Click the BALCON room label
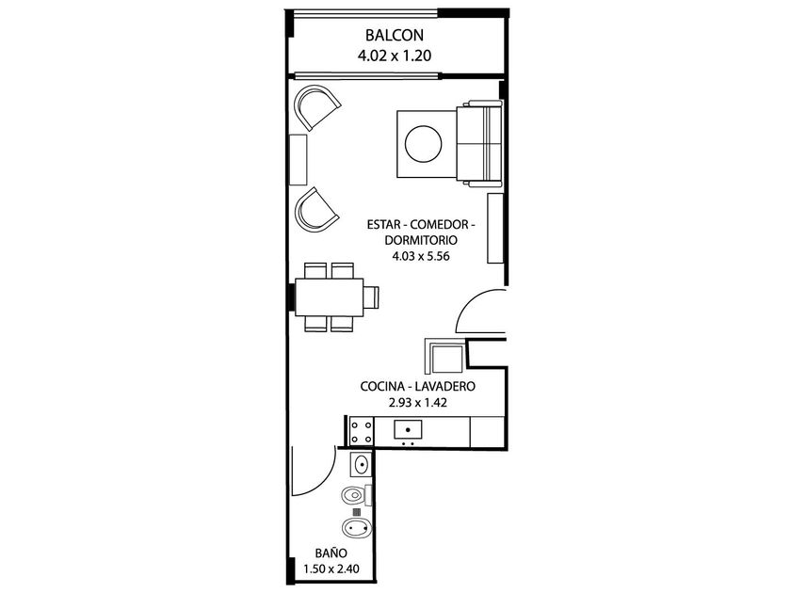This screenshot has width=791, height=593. (394, 36)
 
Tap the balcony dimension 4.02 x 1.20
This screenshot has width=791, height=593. (394, 56)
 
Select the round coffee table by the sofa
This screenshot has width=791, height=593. (424, 144)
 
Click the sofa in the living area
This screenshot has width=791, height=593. (479, 144)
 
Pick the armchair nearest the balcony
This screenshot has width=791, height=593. (316, 107)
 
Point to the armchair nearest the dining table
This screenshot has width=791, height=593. (316, 210)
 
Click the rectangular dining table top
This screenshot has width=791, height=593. (329, 297)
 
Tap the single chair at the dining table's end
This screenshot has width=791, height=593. (371, 297)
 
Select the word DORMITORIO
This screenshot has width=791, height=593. (421, 240)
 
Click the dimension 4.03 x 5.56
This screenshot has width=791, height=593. (421, 256)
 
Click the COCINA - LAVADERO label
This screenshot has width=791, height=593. (418, 386)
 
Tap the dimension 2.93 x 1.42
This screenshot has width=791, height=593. (418, 403)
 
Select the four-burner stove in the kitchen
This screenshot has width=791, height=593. (362, 432)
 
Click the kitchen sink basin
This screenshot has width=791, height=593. (408, 429)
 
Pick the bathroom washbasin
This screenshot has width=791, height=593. (362, 464)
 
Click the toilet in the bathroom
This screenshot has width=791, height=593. (356, 495)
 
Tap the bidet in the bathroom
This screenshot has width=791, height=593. (357, 528)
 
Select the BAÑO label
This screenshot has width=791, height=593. (331, 553)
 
